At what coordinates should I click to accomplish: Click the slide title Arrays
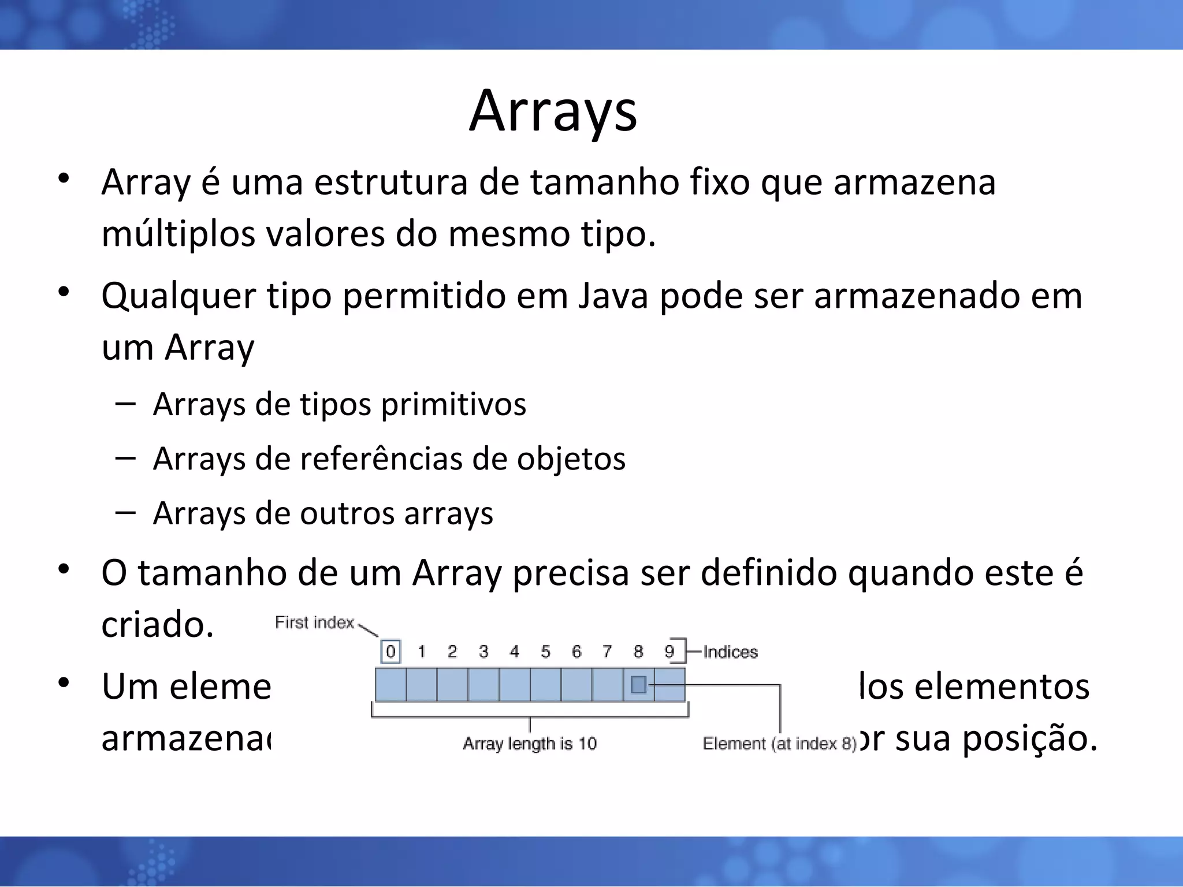(553, 111)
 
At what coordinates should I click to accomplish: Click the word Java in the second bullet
(613, 296)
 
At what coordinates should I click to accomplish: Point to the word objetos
(571, 459)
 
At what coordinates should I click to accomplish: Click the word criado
(157, 625)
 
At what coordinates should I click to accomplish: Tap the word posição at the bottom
(1029, 739)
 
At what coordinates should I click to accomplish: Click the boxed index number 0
(390, 652)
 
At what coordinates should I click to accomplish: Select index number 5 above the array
(545, 652)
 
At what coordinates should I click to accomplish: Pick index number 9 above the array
(669, 652)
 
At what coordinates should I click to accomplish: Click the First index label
(314, 623)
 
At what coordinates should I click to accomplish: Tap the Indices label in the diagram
(730, 652)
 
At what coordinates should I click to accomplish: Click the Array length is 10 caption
(529, 743)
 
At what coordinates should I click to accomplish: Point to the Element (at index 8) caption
(779, 743)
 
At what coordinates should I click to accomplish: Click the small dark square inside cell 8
(638, 685)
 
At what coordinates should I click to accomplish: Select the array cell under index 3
(483, 685)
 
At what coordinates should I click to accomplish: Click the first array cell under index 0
(390, 685)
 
